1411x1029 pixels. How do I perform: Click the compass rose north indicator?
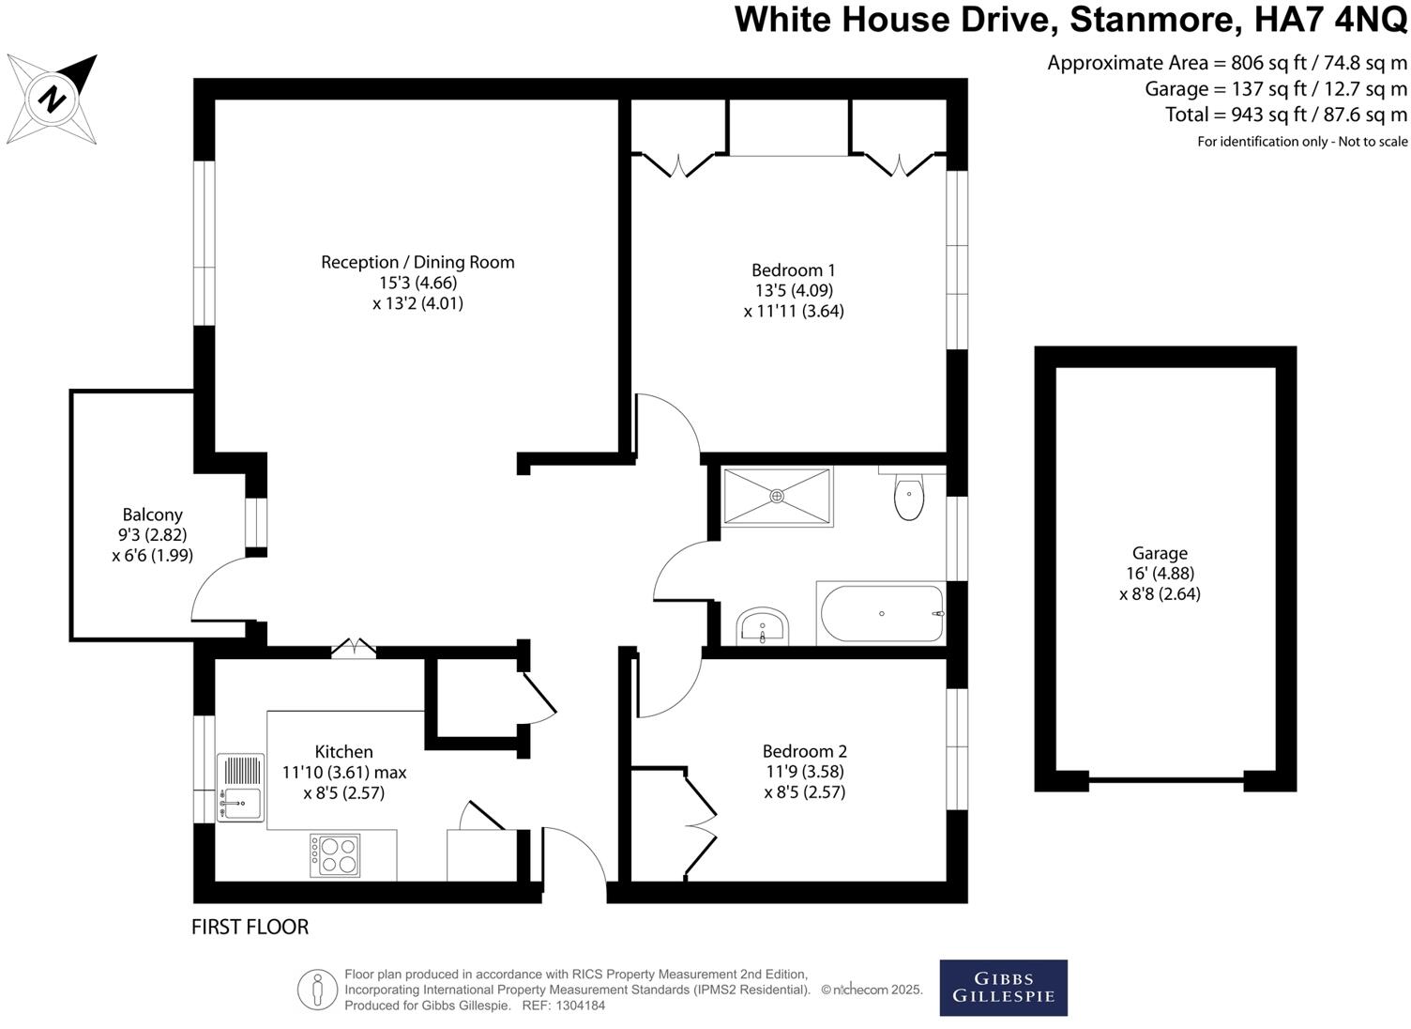(53, 99)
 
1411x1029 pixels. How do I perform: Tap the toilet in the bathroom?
(908, 497)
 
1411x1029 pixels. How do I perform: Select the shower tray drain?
(777, 495)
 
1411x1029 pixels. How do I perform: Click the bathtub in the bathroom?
(881, 614)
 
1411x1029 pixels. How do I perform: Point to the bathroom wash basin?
(763, 626)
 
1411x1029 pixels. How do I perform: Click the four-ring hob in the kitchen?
(335, 854)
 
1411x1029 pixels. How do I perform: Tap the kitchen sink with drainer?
(240, 788)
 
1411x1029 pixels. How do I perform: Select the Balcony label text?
(152, 514)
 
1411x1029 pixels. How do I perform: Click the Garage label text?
(1160, 553)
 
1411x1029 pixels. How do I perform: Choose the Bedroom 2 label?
(804, 751)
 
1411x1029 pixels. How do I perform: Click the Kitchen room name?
(343, 751)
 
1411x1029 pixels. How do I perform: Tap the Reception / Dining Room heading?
(417, 262)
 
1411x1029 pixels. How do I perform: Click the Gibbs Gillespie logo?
(1003, 987)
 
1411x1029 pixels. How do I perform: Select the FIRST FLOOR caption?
(250, 927)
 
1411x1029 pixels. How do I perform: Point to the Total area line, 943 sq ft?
(1285, 115)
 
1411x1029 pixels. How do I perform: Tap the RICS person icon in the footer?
(317, 990)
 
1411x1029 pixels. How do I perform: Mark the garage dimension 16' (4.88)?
(1160, 574)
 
